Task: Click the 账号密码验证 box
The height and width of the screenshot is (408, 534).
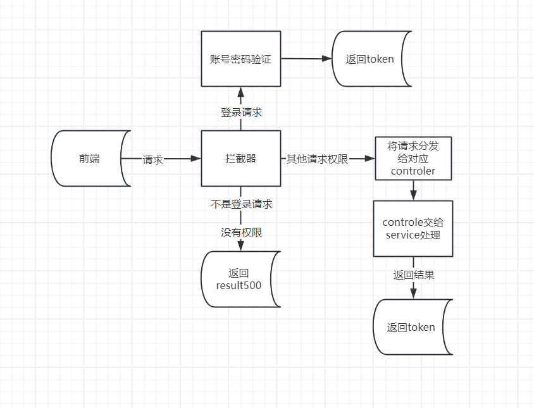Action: [x=240, y=59]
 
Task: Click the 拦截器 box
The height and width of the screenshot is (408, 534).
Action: [x=240, y=159]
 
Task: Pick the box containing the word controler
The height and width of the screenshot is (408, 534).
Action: [x=414, y=159]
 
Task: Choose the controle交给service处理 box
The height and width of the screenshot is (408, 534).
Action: [x=413, y=229]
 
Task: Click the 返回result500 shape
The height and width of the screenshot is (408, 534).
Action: [x=240, y=279]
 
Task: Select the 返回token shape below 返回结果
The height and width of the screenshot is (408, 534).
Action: [x=413, y=327]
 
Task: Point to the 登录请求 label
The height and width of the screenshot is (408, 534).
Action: [x=241, y=113]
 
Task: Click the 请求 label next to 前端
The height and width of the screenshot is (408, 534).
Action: [x=153, y=159]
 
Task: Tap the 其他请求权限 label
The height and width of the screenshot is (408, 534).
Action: [x=317, y=159]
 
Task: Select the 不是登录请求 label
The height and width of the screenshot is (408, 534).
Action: [x=241, y=204]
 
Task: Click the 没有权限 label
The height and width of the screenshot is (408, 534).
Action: [x=241, y=233]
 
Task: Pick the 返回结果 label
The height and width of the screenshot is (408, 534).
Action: [x=414, y=275]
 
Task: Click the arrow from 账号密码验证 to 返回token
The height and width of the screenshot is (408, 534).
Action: [x=306, y=59]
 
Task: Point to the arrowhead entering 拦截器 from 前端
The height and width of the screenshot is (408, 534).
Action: [x=196, y=159]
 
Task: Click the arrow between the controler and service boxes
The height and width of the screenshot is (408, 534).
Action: [x=414, y=190]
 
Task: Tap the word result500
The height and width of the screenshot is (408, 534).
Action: [x=239, y=285]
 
